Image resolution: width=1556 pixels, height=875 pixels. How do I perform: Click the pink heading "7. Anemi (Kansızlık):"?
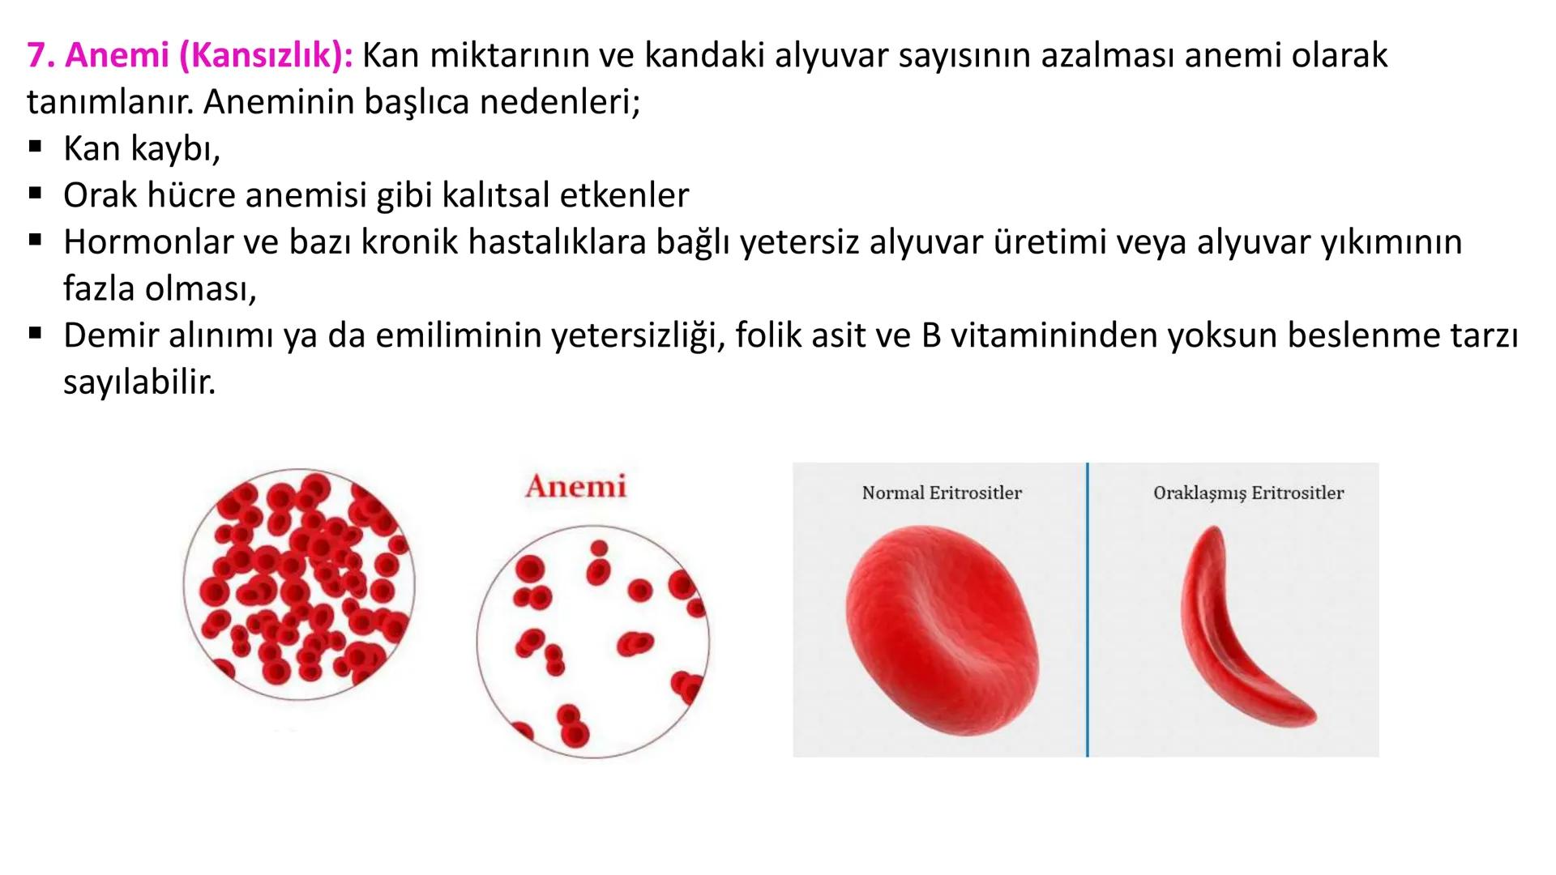(190, 56)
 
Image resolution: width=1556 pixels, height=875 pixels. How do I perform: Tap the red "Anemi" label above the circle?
(575, 486)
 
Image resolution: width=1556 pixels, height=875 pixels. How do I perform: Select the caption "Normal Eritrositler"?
(942, 493)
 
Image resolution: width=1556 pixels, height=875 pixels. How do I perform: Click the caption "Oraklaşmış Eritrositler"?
(1248, 493)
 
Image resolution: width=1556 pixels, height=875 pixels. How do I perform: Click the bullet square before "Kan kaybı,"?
(35, 148)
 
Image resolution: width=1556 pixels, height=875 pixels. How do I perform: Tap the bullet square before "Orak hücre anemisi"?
(35, 194)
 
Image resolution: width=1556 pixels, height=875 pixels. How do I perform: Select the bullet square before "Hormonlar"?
(35, 241)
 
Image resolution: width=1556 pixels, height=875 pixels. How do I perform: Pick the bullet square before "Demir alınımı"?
(35, 334)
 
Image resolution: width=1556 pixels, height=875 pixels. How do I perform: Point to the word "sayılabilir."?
(139, 382)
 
